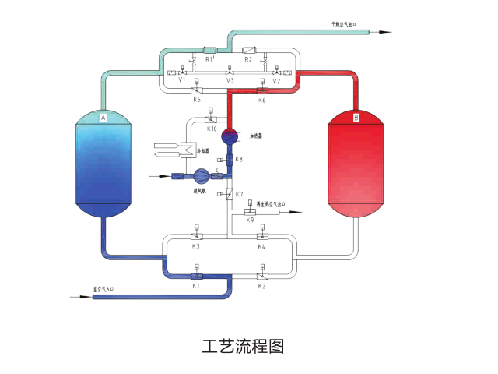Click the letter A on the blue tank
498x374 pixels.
click(102, 117)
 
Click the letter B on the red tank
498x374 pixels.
click(356, 117)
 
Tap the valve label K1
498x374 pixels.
click(196, 286)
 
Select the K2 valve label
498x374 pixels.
click(261, 286)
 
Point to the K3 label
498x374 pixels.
click(196, 246)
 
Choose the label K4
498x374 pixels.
click(261, 246)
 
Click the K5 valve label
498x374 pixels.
click(196, 101)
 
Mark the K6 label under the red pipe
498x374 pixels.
click(261, 101)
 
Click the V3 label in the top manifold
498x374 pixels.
click(230, 80)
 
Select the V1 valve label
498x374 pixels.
click(181, 80)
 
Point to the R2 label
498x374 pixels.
click(248, 59)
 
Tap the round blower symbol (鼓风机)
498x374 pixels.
click(202, 176)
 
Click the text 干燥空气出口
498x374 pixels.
click(343, 25)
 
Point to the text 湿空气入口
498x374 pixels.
click(104, 289)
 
